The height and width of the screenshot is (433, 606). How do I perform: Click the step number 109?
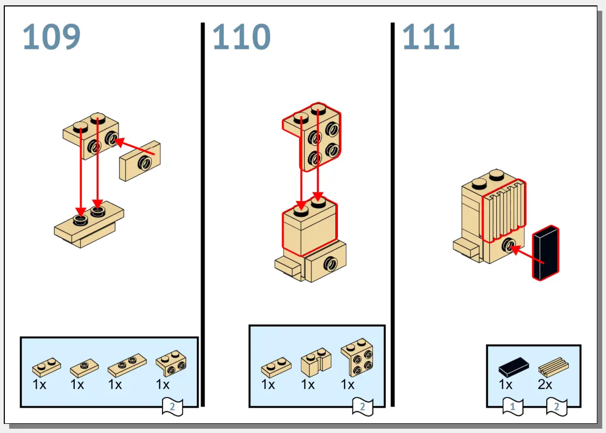tap(52, 37)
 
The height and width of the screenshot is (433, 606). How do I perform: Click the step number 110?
tap(241, 37)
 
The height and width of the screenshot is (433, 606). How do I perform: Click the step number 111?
tap(431, 37)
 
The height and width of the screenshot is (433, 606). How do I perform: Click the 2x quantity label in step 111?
tap(545, 385)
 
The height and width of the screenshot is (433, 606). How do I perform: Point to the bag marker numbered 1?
tap(512, 407)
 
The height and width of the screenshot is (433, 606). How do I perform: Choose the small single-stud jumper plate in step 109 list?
tap(84, 368)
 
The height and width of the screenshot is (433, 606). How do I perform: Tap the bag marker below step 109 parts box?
tap(172, 407)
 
